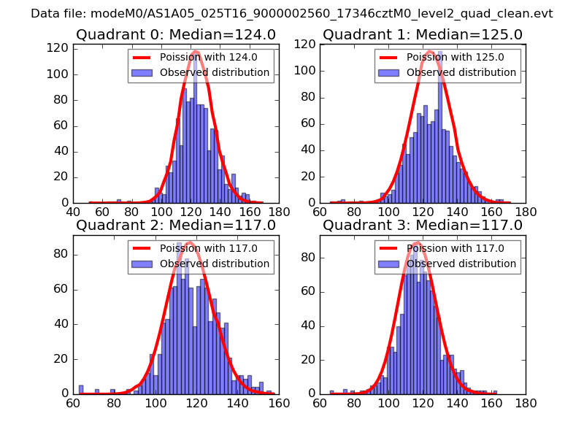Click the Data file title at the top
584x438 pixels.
(292, 14)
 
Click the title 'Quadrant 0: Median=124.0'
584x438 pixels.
(175, 35)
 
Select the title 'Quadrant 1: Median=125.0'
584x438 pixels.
(423, 35)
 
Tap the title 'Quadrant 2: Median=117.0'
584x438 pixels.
(175, 226)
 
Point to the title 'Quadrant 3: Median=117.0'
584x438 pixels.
(423, 226)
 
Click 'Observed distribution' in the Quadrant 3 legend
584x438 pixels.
(461, 264)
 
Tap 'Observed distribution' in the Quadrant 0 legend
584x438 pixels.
(215, 73)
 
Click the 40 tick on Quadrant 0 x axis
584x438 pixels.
(74, 212)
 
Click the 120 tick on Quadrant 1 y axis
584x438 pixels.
(306, 44)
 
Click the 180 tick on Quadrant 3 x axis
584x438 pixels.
(525, 403)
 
